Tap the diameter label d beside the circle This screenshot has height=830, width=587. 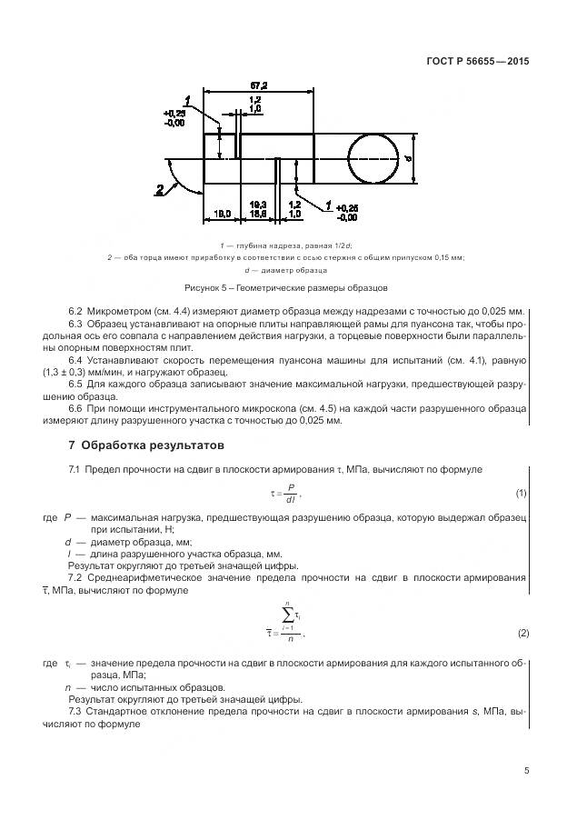(408, 158)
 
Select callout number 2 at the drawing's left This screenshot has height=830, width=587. (160, 190)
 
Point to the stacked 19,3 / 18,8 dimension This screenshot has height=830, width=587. (257, 208)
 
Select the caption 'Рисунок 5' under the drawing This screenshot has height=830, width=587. (295, 288)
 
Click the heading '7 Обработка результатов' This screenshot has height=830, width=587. (144, 446)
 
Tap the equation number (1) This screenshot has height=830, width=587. (522, 494)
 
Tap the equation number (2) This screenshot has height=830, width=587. (522, 633)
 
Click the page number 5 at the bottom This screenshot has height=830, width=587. (526, 770)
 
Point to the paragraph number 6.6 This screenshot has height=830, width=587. (75, 407)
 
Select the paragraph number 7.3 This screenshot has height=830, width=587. (75, 710)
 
